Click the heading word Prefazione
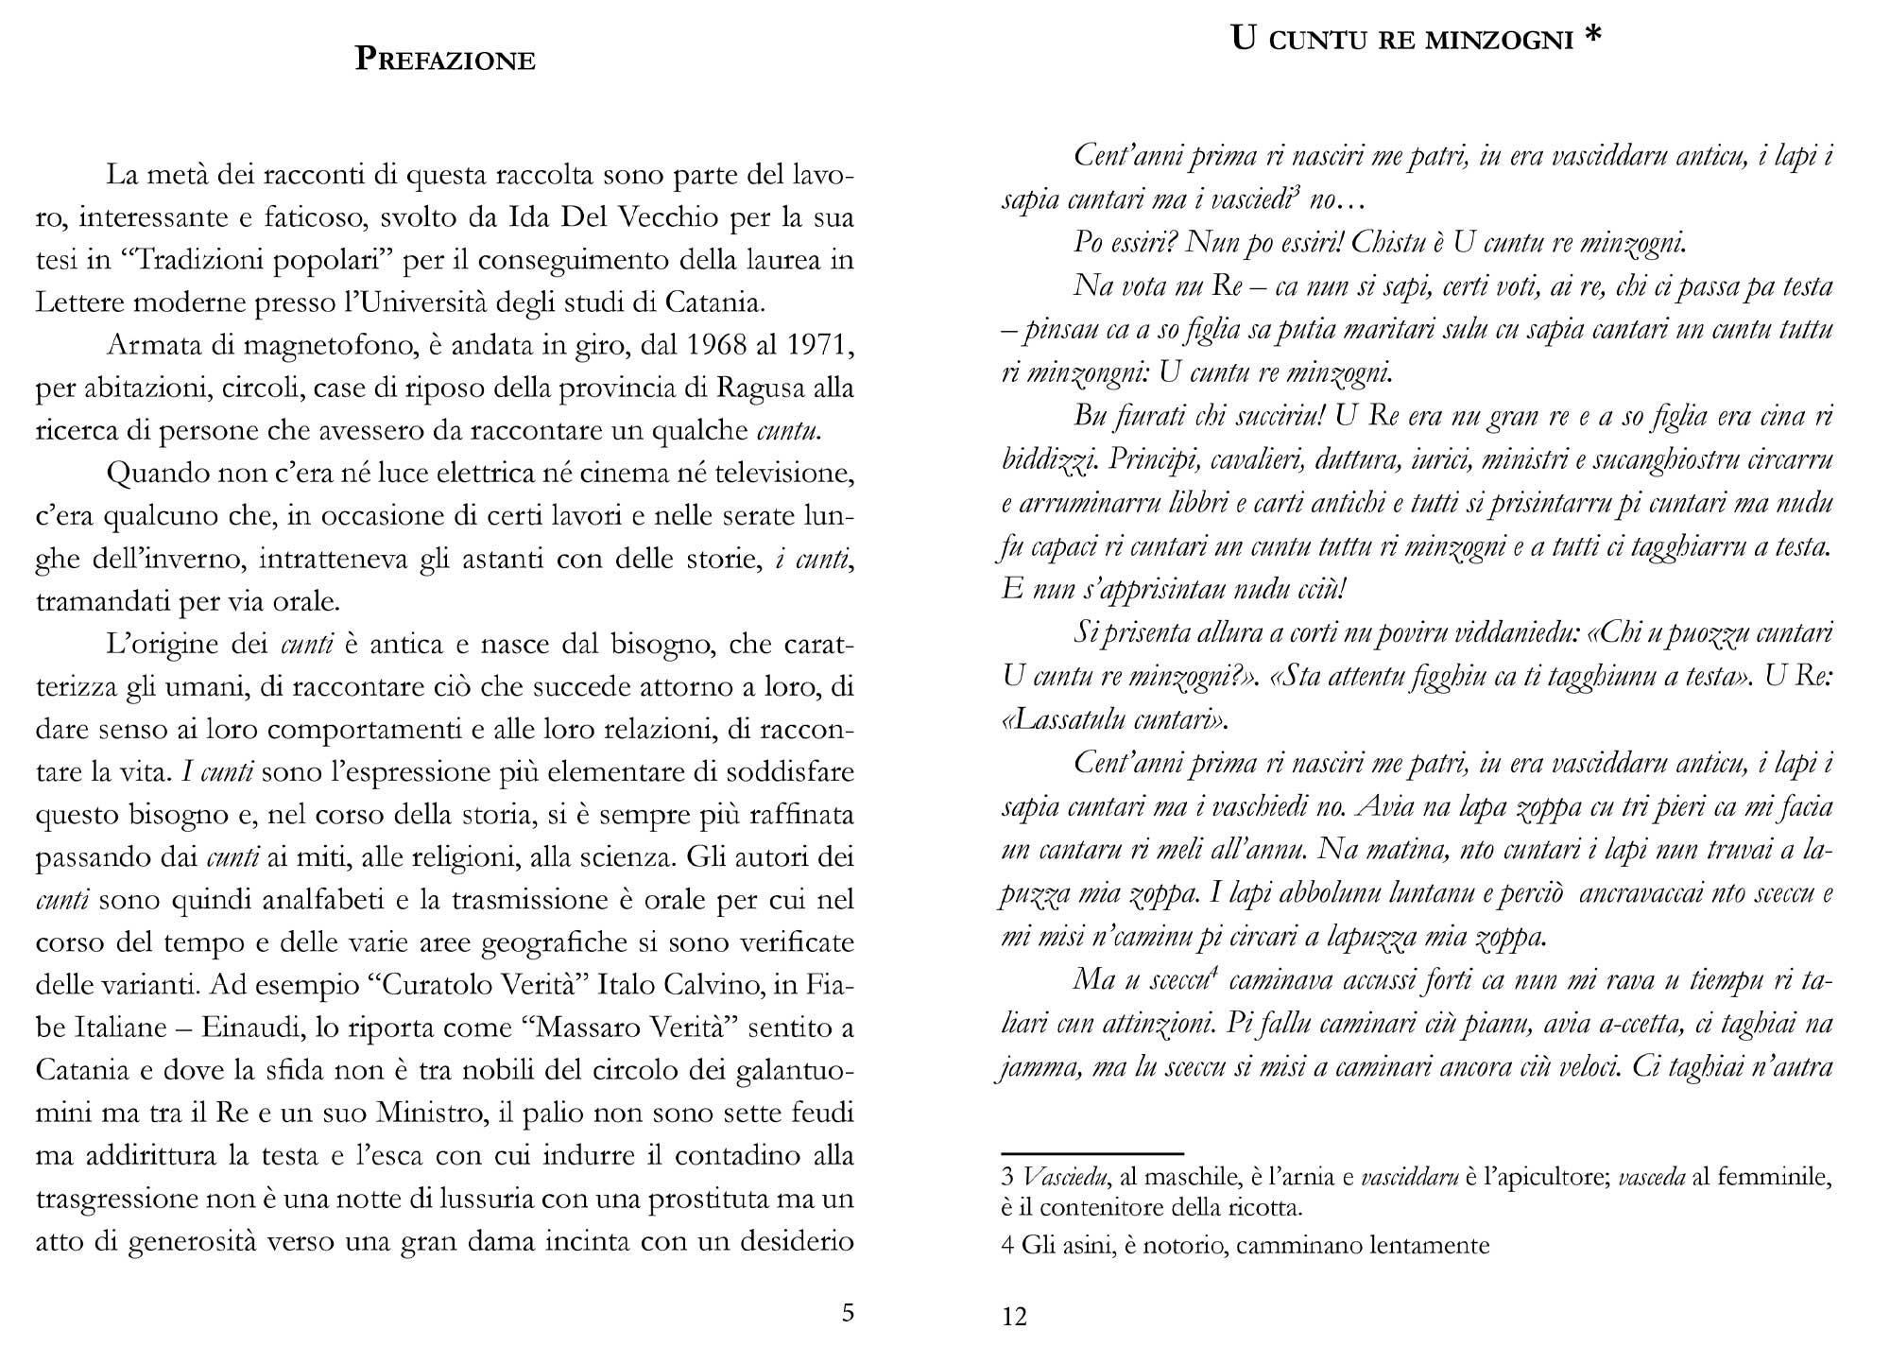click(445, 60)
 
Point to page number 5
click(848, 1312)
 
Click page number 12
click(1014, 1316)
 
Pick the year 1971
click(816, 345)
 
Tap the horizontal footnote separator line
click(1091, 1154)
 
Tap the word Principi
click(1152, 459)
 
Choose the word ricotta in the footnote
click(1255, 1207)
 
